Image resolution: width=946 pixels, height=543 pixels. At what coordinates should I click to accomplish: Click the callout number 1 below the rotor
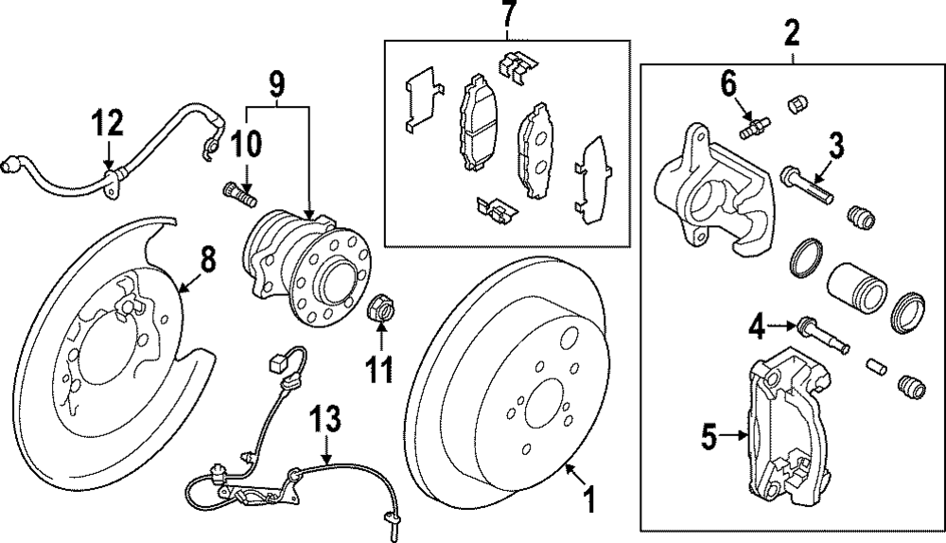588,499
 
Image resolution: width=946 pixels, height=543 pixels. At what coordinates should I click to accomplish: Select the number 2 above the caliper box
792,35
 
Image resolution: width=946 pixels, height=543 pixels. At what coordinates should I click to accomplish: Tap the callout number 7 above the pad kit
509,16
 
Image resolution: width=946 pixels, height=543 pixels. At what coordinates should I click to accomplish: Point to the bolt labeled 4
821,331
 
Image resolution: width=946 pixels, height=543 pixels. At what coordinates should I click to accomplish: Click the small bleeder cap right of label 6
797,102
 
